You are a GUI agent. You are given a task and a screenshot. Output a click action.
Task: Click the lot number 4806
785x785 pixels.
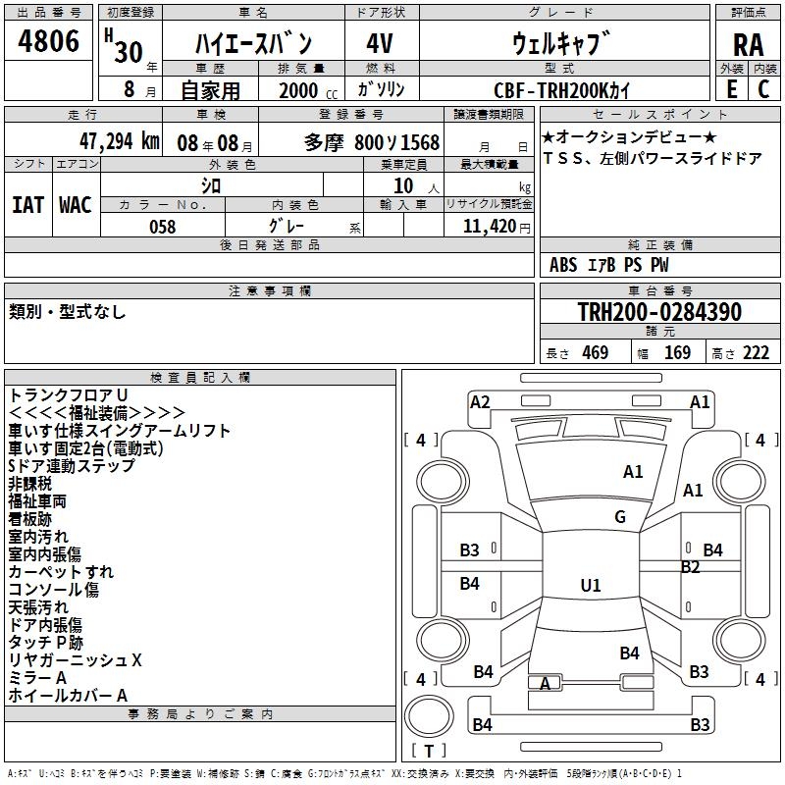pyautogui.click(x=49, y=42)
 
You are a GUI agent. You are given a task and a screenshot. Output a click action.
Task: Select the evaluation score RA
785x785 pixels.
pyautogui.click(x=748, y=44)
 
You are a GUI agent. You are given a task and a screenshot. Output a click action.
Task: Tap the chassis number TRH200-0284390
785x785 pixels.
pyautogui.click(x=659, y=313)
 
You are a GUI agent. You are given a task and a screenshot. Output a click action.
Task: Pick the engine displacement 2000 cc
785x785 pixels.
pyautogui.click(x=303, y=91)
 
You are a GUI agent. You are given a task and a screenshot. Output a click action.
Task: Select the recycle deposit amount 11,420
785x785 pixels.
pyautogui.click(x=489, y=227)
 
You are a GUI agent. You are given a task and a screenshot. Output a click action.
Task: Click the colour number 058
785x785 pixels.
pyautogui.click(x=162, y=227)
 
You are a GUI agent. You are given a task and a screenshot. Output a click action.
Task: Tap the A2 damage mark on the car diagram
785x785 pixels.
pyautogui.click(x=480, y=401)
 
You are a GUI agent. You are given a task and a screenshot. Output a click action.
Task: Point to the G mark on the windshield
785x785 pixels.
pyautogui.click(x=620, y=517)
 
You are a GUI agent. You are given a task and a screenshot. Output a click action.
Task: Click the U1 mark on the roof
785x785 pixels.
pyautogui.click(x=590, y=586)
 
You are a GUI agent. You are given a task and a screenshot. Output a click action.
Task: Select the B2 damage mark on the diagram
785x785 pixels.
pyautogui.click(x=690, y=567)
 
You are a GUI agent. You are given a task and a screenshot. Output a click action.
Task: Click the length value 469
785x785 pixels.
pyautogui.click(x=595, y=353)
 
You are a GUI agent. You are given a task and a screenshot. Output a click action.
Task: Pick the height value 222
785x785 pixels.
pyautogui.click(x=757, y=353)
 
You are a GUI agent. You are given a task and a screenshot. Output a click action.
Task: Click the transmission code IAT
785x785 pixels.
pyautogui.click(x=27, y=205)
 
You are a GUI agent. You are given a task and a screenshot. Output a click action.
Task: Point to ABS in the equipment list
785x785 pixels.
pyautogui.click(x=563, y=265)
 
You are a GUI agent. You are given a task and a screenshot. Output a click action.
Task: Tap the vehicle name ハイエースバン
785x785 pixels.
pyautogui.click(x=253, y=43)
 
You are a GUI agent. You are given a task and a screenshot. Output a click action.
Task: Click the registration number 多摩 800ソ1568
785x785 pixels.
pyautogui.click(x=372, y=142)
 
